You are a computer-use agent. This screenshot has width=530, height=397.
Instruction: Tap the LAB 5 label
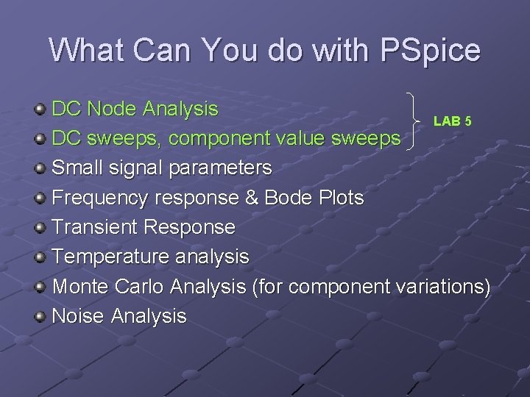(x=452, y=121)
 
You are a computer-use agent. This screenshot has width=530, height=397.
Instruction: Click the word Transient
(x=95, y=227)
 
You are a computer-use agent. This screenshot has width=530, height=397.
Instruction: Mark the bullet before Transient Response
(x=40, y=228)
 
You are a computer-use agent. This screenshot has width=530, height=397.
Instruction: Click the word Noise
(x=78, y=316)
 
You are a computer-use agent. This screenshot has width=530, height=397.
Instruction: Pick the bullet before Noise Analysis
(x=40, y=317)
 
